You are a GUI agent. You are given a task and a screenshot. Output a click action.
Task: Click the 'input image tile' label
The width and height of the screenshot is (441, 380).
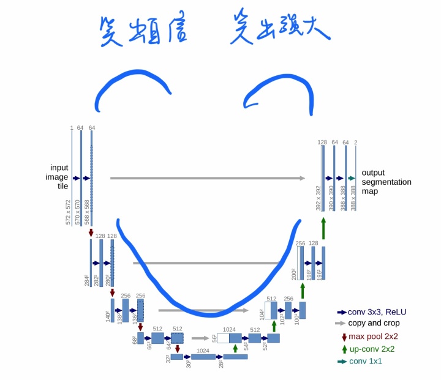[59, 177]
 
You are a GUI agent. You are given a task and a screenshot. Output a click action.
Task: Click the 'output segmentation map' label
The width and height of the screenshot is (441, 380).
[386, 182]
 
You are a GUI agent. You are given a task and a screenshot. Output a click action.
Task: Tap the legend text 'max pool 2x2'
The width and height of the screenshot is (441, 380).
[374, 337]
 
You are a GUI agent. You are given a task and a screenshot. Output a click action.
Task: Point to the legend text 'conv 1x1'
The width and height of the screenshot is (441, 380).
[366, 361]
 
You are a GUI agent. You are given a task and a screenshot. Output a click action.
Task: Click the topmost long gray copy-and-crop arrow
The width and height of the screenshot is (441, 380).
[207, 178]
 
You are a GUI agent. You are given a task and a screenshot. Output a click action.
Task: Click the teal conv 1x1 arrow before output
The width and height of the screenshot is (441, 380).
[351, 178]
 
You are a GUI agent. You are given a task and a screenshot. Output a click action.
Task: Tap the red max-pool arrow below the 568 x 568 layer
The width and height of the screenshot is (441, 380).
[91, 233]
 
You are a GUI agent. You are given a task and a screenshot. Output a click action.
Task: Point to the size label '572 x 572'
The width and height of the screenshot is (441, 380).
[69, 212]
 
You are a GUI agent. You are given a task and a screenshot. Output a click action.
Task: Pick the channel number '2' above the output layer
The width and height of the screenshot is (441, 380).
[356, 143]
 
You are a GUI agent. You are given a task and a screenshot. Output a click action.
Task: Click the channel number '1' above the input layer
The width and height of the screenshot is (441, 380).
[72, 128]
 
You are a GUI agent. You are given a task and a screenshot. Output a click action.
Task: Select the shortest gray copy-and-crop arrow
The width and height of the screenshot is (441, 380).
[200, 337]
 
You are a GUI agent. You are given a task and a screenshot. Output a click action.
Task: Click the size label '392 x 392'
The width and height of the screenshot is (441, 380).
[318, 198]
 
